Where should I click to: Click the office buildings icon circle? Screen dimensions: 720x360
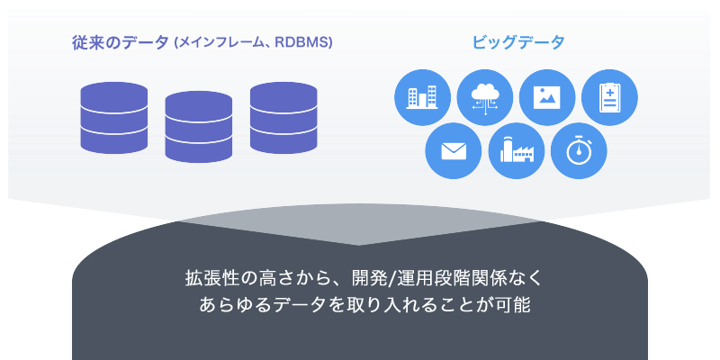422,97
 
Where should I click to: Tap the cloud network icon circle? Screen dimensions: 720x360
485,97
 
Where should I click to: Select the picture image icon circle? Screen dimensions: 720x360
547,97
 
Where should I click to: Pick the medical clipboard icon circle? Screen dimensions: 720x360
609,97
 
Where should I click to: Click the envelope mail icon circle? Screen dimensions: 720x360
454,150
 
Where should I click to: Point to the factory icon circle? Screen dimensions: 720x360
516,150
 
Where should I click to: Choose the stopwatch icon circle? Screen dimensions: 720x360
579,150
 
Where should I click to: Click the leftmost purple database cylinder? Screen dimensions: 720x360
114,118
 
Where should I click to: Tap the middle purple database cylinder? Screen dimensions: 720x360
198,127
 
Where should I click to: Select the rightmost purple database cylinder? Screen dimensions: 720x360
283,118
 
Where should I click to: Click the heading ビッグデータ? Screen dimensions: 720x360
518,42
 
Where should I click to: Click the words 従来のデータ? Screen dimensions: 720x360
121,42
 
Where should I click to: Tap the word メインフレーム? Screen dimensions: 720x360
220,42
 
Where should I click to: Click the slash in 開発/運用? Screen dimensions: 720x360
391,279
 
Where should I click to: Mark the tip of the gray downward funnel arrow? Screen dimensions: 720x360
359,245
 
